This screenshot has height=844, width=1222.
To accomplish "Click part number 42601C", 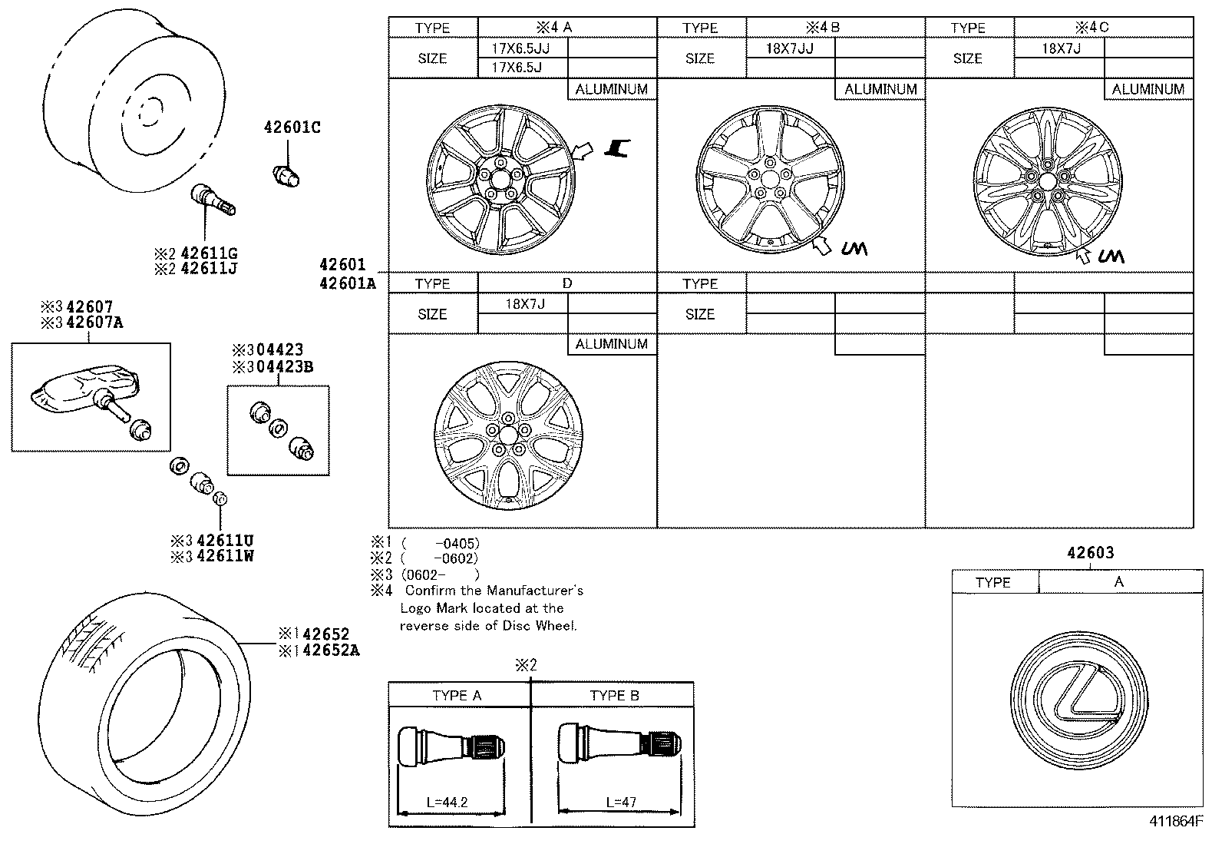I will point(292,127).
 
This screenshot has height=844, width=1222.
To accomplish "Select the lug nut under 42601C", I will point(287,174).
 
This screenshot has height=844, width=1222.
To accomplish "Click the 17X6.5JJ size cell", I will point(520,48).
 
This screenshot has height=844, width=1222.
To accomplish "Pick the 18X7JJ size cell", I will point(789,48).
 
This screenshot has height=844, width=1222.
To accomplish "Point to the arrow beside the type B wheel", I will point(821,245).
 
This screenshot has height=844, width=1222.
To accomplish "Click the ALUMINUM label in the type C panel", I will point(1148,89).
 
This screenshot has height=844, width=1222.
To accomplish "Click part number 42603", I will point(1090,553).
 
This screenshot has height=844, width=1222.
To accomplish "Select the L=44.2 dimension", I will point(447,803).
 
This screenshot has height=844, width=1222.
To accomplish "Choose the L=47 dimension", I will point(622,803).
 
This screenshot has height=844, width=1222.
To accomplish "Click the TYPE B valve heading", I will point(614,696).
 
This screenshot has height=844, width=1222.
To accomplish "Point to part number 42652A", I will point(331,651).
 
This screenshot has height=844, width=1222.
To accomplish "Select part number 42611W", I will point(224,556).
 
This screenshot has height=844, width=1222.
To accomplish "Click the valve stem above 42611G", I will point(212,198).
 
